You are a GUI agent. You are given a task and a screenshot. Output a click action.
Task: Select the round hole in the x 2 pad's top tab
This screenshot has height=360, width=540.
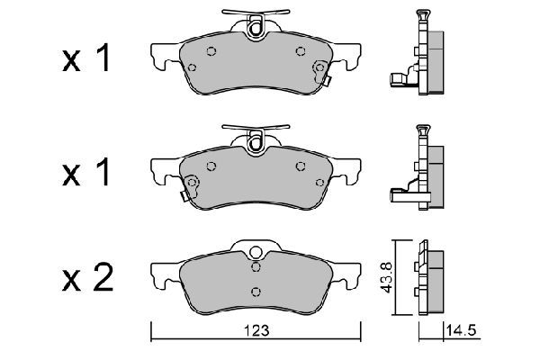[x=255, y=253]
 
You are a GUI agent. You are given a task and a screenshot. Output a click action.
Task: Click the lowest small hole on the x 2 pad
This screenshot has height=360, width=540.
[x=256, y=290]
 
